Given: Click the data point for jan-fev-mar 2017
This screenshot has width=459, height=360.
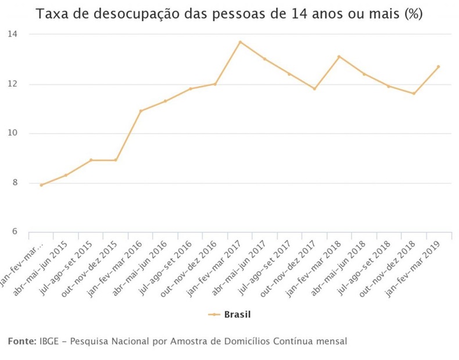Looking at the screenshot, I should tap(240, 42).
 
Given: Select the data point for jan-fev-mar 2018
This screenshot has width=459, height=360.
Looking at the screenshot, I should tap(339, 56).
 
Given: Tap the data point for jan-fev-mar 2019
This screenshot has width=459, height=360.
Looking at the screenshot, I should tap(438, 66).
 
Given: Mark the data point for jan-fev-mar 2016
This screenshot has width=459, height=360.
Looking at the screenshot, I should tap(141, 111).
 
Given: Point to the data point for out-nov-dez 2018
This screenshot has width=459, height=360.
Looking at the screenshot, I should tap(414, 93).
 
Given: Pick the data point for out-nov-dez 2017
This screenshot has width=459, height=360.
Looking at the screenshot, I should tap(314, 89).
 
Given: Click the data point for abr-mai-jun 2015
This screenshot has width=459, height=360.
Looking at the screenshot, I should tap(66, 175).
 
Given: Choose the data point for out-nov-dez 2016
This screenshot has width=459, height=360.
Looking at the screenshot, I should tap(215, 84).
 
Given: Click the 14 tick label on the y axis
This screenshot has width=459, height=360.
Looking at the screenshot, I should tap(12, 34).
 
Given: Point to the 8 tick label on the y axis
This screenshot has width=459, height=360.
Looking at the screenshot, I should tap(15, 183).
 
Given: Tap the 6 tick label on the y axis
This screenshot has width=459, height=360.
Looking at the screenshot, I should tap(15, 232).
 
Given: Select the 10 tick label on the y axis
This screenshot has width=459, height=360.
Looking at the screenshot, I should tap(12, 134).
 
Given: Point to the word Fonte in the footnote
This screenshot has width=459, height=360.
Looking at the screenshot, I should tap(22, 341).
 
